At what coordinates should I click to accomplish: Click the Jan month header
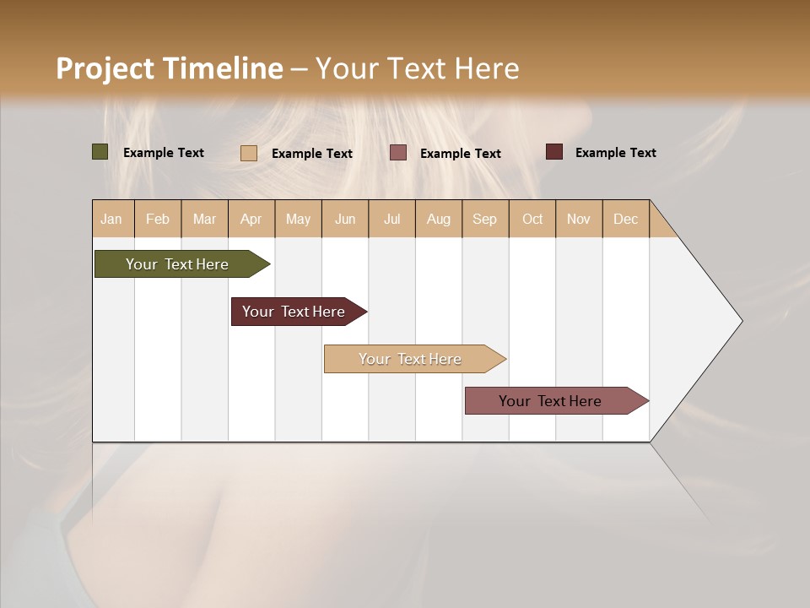coord(111,219)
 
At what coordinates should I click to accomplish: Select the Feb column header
coord(158,219)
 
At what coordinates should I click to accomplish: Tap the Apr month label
coord(251,219)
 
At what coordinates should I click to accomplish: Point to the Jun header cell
coord(345,219)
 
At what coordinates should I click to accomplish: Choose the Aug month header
coord(439,219)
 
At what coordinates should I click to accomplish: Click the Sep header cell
coord(485,219)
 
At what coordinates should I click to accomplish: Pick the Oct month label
coord(532,219)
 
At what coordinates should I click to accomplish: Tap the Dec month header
coord(626,219)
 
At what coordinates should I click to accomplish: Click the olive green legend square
coord(100,152)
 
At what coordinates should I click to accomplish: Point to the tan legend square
coord(249,153)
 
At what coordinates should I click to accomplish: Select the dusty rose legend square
coord(398,153)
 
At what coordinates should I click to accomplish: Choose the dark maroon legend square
coord(554,152)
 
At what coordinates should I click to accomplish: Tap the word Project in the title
coord(104,68)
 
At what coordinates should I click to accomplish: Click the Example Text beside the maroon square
coord(615,153)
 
